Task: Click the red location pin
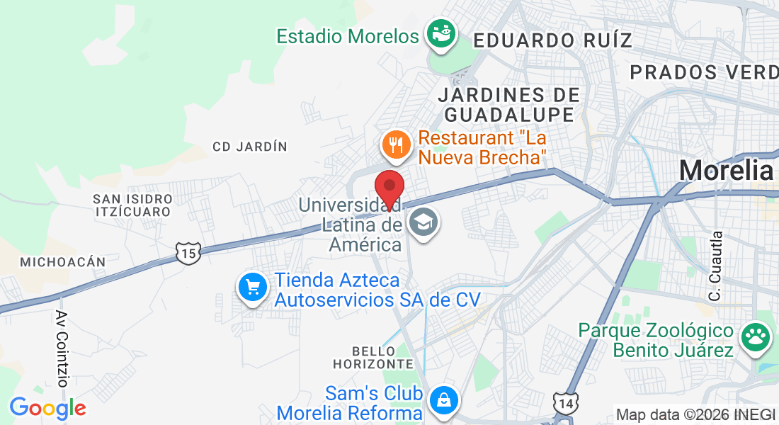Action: click(389, 186)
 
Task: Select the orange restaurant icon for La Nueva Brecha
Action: click(394, 145)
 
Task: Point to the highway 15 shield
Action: click(189, 252)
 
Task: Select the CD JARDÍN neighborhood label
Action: click(250, 147)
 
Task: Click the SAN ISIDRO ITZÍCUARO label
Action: click(132, 205)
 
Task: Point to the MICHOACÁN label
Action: click(63, 262)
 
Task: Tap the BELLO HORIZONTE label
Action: click(373, 357)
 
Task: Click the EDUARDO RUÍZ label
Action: click(552, 40)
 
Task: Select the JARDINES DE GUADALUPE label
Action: click(508, 104)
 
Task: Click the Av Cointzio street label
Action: click(62, 348)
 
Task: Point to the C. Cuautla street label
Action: click(716, 265)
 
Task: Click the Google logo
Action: click(47, 407)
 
